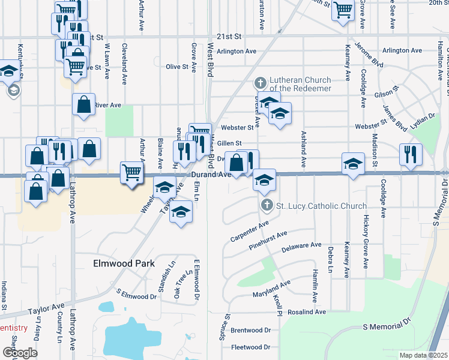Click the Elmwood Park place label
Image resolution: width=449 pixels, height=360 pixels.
(x=123, y=263)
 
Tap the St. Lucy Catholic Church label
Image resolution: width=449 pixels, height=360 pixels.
(x=321, y=206)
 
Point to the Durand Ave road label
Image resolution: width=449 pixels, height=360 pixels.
(x=211, y=175)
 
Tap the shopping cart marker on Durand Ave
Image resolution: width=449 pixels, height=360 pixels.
(x=131, y=173)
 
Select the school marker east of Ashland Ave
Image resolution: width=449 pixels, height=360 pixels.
(x=353, y=163)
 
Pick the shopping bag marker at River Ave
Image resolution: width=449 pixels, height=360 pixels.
(x=84, y=104)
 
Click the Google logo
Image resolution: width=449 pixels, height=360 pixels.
(x=20, y=353)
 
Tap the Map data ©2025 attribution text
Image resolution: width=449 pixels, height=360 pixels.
(x=424, y=355)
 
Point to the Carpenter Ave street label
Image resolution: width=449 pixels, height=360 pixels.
(x=249, y=232)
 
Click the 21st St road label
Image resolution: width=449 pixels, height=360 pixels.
(x=229, y=37)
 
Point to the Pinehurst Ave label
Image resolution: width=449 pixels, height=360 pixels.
(x=269, y=238)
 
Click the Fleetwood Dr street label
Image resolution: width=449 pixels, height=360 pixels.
(x=251, y=347)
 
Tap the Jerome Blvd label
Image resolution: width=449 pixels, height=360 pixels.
(x=369, y=54)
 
